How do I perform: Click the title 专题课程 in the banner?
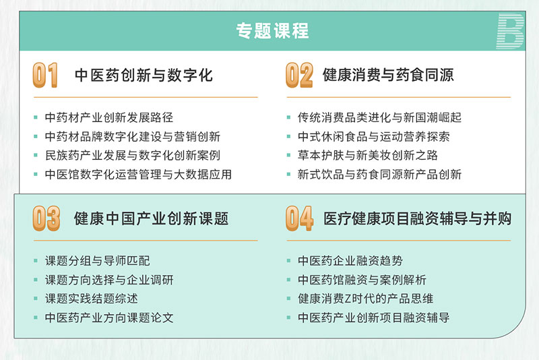click(272, 31)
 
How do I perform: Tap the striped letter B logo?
click(510, 31)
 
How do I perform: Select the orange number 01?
click(45, 75)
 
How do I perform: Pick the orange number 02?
click(299, 75)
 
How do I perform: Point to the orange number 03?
click(46, 218)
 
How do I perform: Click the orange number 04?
click(299, 218)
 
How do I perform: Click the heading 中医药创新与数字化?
click(144, 76)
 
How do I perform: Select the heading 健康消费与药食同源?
click(388, 75)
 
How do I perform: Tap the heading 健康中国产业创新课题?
click(151, 218)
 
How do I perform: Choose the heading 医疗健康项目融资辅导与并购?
click(417, 218)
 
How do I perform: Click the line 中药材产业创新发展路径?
click(109, 117)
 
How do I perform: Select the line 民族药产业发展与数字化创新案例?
click(133, 156)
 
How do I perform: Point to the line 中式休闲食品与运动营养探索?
click(374, 136)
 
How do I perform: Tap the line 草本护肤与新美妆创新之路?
click(368, 156)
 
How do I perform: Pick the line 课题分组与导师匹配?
click(97, 261)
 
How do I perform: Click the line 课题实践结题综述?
click(92, 299)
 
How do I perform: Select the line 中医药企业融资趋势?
click(350, 261)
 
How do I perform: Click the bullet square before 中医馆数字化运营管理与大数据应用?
click(36, 175)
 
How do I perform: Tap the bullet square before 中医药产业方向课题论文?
click(36, 318)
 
